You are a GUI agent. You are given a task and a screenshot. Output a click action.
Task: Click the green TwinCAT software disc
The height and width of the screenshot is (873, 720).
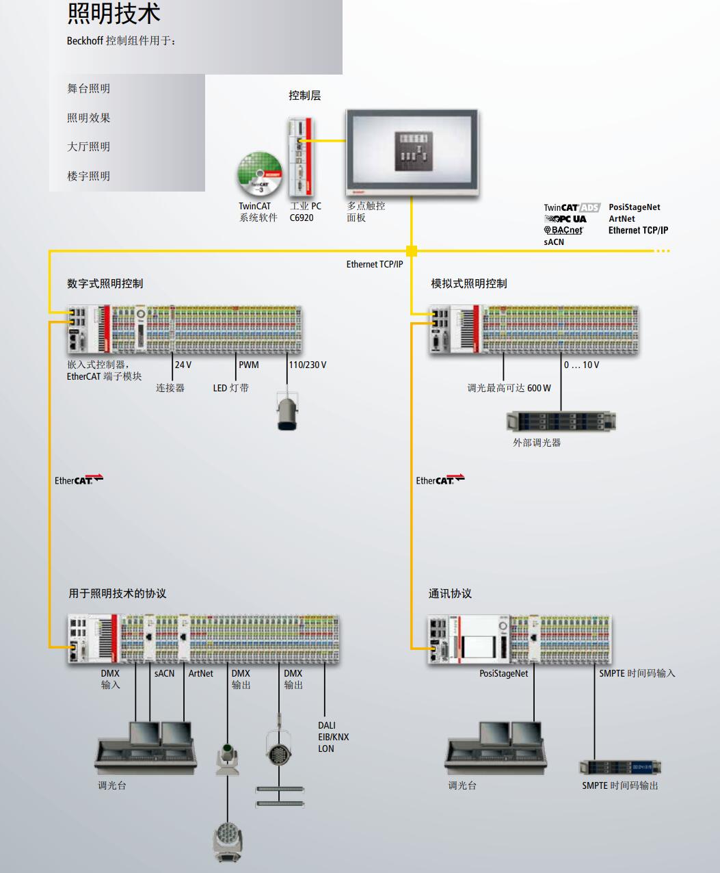pyautogui.click(x=259, y=174)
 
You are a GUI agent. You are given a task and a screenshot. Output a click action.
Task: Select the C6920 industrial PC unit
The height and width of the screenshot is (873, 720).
pyautogui.click(x=301, y=157)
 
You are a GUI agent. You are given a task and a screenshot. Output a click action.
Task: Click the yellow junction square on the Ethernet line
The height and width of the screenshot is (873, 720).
pyautogui.click(x=412, y=251)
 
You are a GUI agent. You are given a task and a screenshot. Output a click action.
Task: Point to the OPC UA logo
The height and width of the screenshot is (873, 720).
pyautogui.click(x=566, y=219)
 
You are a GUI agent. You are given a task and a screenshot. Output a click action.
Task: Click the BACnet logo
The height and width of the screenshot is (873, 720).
pyautogui.click(x=563, y=231)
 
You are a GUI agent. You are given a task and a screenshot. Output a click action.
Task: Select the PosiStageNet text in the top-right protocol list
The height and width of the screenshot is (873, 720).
pyautogui.click(x=635, y=207)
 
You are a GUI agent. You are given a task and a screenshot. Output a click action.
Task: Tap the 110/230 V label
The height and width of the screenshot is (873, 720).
pyautogui.click(x=307, y=365)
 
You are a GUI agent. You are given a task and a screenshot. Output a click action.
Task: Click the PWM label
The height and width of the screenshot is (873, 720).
pyautogui.click(x=249, y=365)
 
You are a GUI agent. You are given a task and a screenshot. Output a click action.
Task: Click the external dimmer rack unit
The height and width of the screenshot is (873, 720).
pyautogui.click(x=561, y=421)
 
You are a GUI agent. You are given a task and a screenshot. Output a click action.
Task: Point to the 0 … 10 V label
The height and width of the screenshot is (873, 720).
pyautogui.click(x=581, y=365)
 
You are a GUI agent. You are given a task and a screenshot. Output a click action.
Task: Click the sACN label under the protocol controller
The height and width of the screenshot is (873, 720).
pyautogui.click(x=164, y=674)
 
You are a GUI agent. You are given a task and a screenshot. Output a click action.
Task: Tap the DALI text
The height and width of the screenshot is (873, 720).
pyautogui.click(x=327, y=725)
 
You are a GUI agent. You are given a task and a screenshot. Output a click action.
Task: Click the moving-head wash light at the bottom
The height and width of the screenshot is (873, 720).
pyautogui.click(x=227, y=842)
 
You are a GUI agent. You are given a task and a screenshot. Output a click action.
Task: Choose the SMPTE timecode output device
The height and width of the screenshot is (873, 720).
pyautogui.click(x=620, y=767)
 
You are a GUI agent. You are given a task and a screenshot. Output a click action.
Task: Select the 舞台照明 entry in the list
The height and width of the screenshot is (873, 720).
pyautogui.click(x=88, y=88)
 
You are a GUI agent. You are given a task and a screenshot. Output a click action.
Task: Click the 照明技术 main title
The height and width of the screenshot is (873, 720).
pyautogui.click(x=114, y=14)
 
